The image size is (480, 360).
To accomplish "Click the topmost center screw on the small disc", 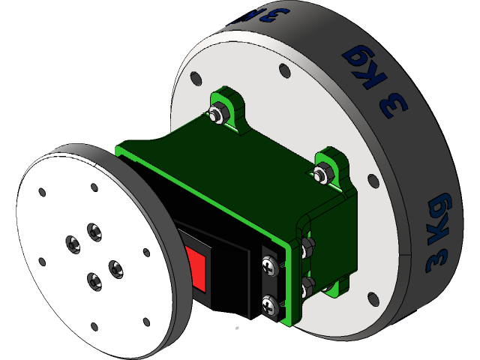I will (x=94, y=230).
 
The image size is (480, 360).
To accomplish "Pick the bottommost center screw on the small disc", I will (x=94, y=281).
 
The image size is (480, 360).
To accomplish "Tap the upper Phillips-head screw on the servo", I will (x=269, y=264).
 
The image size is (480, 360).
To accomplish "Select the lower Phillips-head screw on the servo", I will (x=269, y=303).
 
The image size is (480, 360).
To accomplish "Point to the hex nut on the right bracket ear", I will (x=321, y=175).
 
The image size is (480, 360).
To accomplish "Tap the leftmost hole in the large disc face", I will (x=195, y=79).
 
